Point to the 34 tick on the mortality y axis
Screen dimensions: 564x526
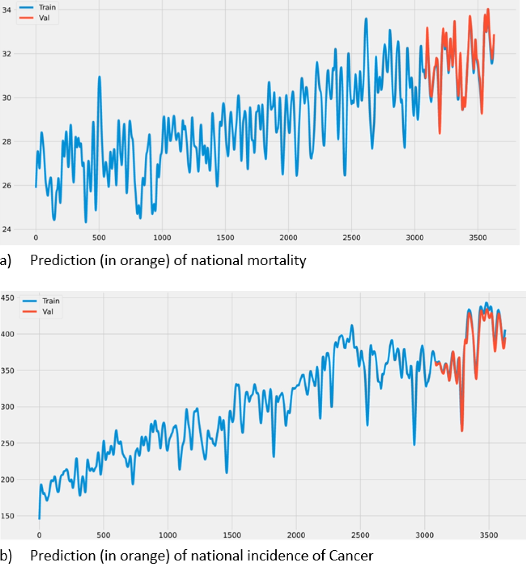pos(6,10)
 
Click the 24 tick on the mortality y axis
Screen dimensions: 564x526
pos(6,229)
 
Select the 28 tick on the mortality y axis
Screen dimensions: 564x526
pos(6,142)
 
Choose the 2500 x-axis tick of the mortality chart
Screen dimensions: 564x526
pos(351,238)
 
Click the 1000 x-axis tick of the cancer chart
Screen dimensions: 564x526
pos(167,535)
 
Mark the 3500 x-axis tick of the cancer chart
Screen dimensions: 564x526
pos(489,535)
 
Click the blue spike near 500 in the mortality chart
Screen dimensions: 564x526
pos(99,77)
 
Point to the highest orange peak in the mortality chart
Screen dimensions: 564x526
pos(488,9)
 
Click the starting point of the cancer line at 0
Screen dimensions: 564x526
pos(39,518)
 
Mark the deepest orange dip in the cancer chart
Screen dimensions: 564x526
pos(462,431)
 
